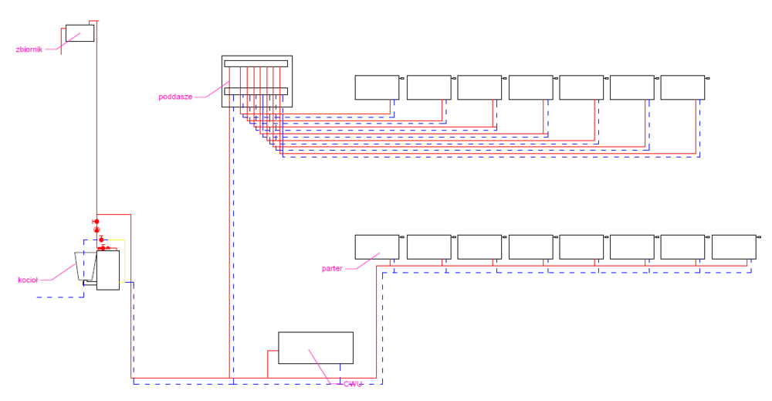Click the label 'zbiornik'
tap(29, 49)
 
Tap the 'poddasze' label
tap(175, 97)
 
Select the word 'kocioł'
tap(28, 280)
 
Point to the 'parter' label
tap(332, 269)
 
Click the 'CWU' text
tap(353, 384)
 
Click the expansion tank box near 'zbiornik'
tap(80, 32)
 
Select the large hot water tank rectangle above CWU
tap(315, 348)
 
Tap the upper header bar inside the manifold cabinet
tap(256, 63)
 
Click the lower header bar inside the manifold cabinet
tap(256, 91)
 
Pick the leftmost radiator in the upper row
tap(377, 87)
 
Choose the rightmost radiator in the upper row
tap(682, 87)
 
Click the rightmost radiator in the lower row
tap(733, 246)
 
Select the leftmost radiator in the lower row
tap(377, 246)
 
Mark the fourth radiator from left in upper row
tap(530, 87)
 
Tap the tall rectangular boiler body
tap(108, 270)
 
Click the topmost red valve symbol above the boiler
tap(96, 222)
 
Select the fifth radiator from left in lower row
tap(581, 246)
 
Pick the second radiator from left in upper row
tap(428, 87)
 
